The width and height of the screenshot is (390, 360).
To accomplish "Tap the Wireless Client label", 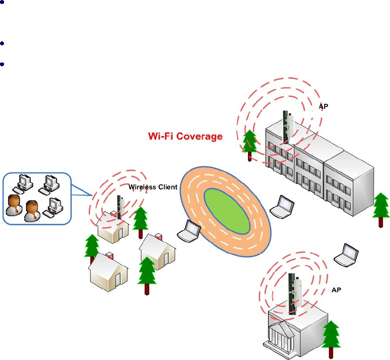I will coord(153,187).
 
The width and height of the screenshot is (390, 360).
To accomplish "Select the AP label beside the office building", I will coord(324,107).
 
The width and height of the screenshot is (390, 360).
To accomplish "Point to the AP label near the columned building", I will coord(337,290).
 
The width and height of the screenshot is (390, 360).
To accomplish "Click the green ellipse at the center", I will coord(226,209).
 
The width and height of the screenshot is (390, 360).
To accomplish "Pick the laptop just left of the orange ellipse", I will coord(189,230).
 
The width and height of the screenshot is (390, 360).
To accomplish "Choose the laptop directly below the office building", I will coord(282,207).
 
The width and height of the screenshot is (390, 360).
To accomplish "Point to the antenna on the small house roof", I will coord(119,206).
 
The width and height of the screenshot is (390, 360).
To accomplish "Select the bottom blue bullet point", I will coord(3,64).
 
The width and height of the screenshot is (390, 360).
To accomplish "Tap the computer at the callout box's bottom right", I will coord(55,205).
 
